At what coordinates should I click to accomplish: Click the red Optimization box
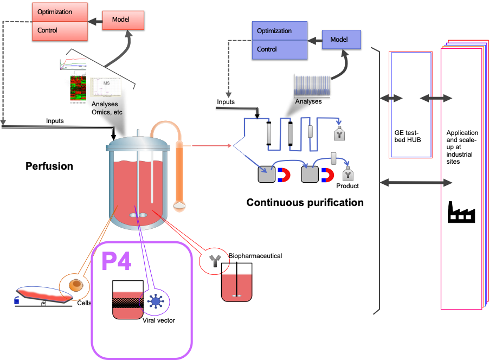[x=60, y=12]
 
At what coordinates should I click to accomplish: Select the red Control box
[x=60, y=30]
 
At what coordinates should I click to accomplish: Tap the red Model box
[x=123, y=20]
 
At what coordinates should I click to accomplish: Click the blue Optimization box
[x=280, y=31]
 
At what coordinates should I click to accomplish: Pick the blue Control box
[x=280, y=49]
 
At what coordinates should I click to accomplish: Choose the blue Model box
[x=342, y=40]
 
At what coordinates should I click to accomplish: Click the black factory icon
[x=461, y=212]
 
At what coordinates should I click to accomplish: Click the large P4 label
[x=117, y=261]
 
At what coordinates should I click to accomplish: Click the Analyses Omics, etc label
[x=107, y=108]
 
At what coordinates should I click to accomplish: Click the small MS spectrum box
[x=105, y=86]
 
